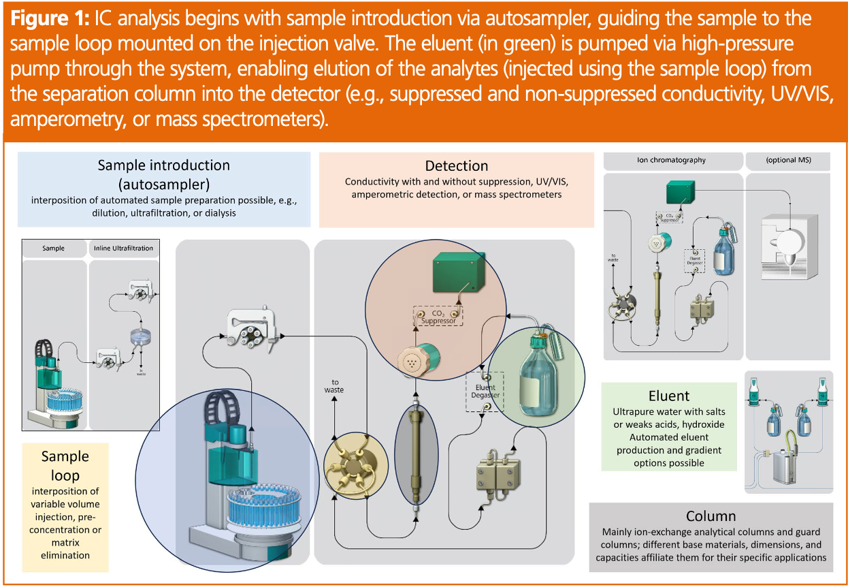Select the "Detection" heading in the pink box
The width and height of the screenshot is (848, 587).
click(456, 165)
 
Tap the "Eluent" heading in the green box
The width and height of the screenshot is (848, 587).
click(669, 396)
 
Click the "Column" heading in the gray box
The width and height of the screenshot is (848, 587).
click(711, 516)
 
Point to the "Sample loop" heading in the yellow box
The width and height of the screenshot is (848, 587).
click(65, 465)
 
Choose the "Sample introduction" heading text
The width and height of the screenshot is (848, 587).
click(163, 165)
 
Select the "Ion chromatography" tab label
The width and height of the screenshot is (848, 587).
click(671, 161)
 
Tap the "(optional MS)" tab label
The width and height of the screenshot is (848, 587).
click(788, 161)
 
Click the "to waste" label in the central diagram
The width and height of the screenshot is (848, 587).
click(333, 386)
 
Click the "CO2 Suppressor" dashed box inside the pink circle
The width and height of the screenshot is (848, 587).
click(438, 315)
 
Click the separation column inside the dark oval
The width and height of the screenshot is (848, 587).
click(414, 456)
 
